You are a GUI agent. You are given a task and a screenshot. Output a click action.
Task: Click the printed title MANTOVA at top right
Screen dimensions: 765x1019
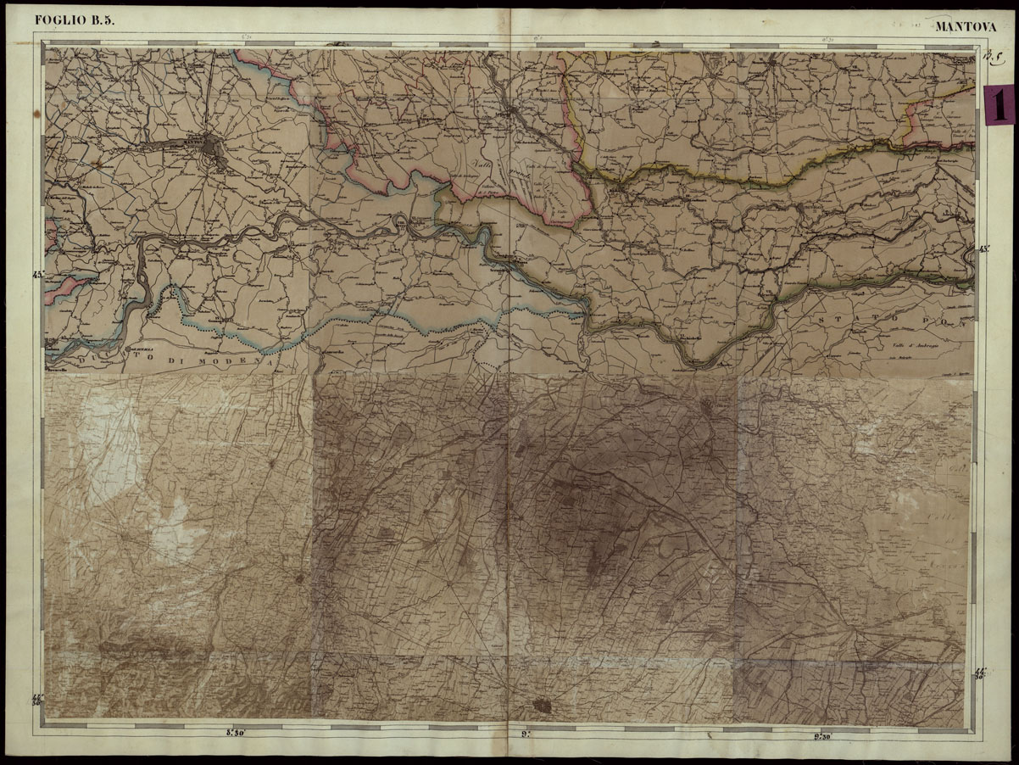966,26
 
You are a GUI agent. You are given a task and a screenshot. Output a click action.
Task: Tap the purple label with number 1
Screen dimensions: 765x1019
1000,105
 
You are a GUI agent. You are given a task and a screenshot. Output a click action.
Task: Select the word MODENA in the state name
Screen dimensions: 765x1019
245,361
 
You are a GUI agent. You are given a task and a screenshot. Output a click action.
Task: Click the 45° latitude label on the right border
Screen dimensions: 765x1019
983,249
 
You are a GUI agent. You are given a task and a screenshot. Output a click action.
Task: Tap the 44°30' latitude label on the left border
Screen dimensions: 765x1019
38,698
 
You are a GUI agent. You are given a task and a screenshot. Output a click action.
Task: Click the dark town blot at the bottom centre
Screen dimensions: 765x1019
543,705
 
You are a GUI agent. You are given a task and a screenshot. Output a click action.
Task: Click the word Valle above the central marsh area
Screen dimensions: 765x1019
482,168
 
